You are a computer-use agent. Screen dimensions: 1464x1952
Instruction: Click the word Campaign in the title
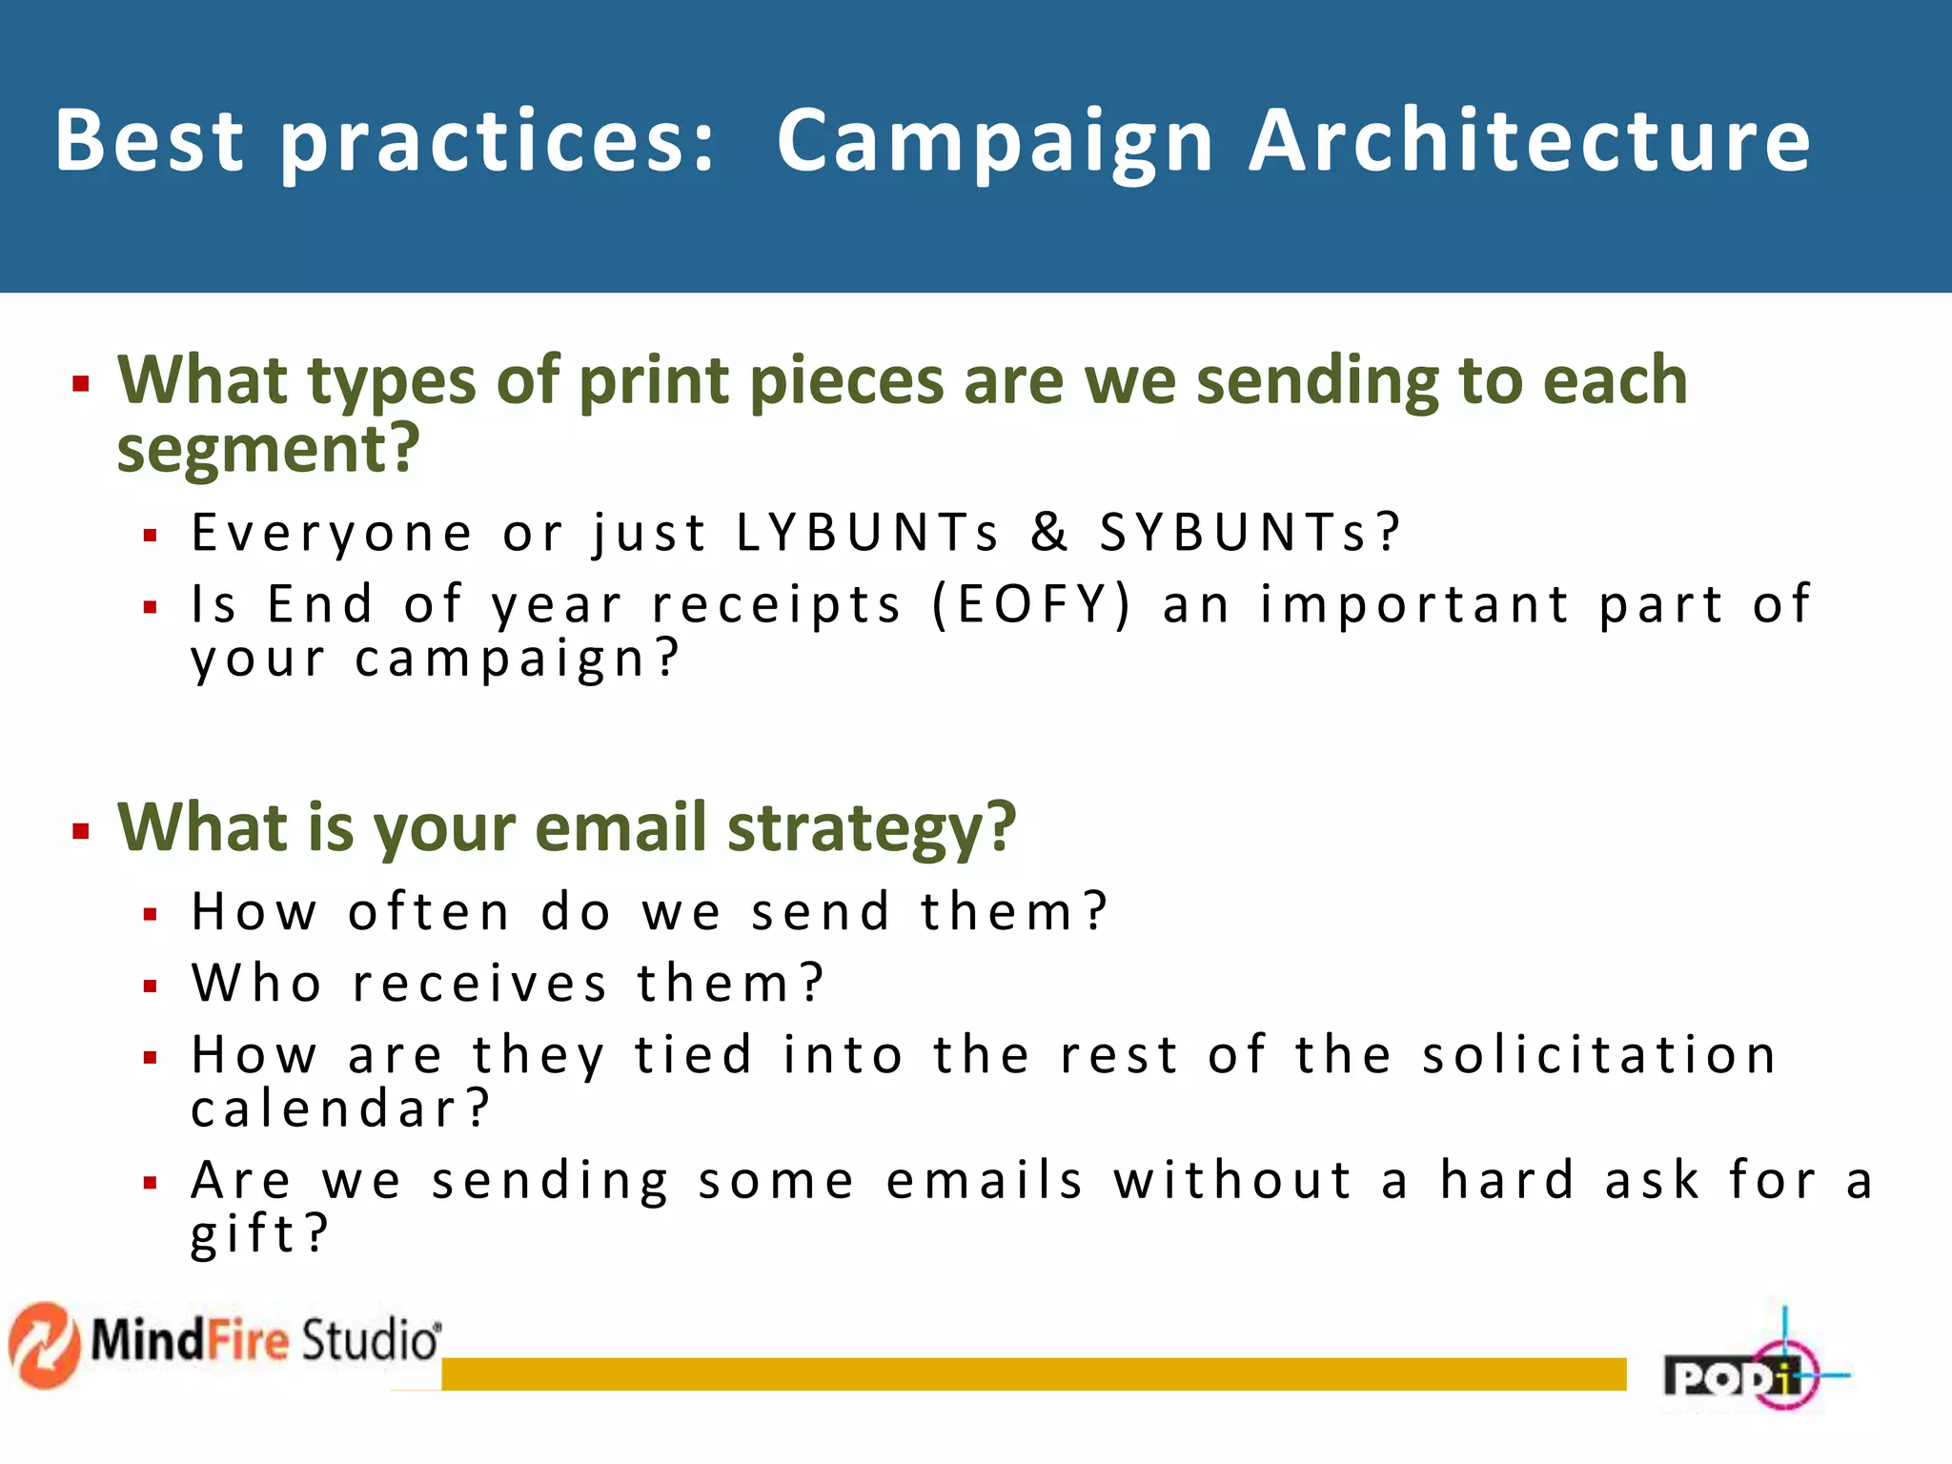pyautogui.click(x=994, y=143)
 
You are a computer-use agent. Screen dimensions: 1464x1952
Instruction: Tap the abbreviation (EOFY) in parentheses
pyautogui.click(x=1031, y=604)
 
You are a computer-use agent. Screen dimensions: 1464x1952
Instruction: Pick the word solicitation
pyautogui.click(x=1598, y=1055)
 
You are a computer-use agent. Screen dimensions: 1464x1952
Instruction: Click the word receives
pyautogui.click(x=479, y=983)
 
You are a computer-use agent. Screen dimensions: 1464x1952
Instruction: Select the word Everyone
pyautogui.click(x=332, y=533)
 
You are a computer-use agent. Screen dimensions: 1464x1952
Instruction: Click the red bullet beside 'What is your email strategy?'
pyautogui.click(x=81, y=831)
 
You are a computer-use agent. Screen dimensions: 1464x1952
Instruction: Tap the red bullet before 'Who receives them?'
pyautogui.click(x=150, y=986)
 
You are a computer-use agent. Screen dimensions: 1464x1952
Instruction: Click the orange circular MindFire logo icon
pyautogui.click(x=43, y=1345)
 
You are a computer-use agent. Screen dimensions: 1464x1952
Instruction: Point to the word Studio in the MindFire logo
pyautogui.click(x=370, y=1340)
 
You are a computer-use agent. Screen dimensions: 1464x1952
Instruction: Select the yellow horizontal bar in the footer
pyautogui.click(x=1033, y=1373)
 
